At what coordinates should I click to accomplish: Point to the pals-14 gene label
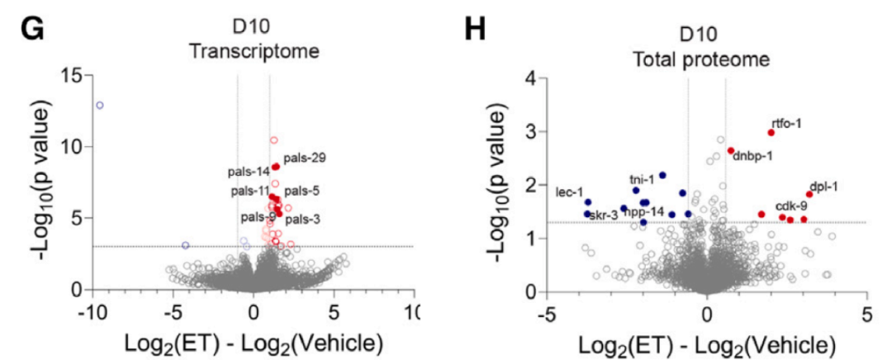pos(250,172)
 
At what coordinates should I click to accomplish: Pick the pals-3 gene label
pos(302,220)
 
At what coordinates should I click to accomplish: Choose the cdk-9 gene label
pos(791,206)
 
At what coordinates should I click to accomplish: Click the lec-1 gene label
pos(570,192)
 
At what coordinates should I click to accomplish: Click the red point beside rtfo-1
pos(771,132)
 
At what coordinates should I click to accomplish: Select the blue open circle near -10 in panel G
pos(100,105)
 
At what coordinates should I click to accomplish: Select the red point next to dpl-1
pos(809,195)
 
